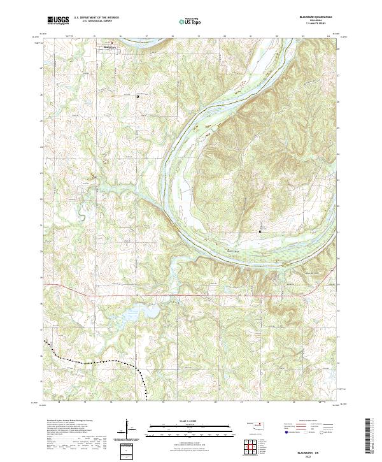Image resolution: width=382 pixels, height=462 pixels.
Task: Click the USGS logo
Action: tap(58, 20)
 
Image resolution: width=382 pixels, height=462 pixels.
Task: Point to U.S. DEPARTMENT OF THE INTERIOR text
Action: tap(96, 18)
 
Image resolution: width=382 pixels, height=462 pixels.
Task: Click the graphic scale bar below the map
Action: tap(181, 428)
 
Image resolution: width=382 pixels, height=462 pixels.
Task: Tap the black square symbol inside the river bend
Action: tap(260, 231)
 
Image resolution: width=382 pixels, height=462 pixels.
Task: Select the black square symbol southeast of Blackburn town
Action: tap(138, 96)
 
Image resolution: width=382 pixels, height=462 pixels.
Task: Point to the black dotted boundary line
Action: tap(95, 361)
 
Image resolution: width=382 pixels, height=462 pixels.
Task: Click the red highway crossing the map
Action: tap(191, 296)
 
